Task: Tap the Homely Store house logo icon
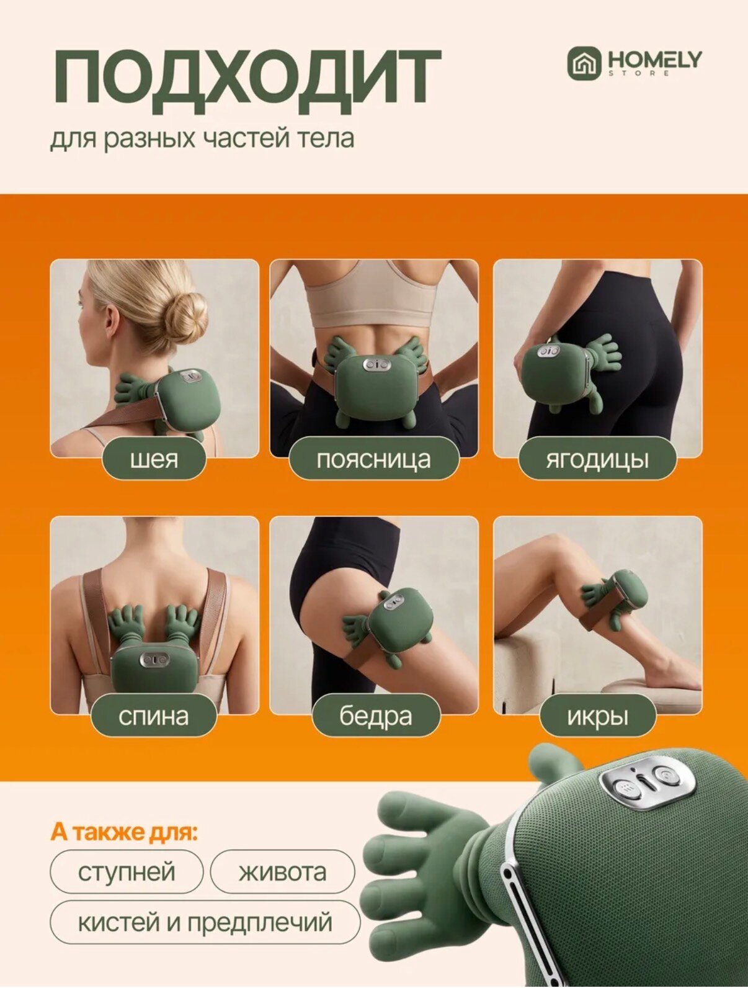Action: point(584,65)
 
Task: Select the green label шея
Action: point(154,460)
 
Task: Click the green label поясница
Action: point(374,460)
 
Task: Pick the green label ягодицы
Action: point(597,460)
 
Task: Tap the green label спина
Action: point(154,716)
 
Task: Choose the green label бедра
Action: point(376,716)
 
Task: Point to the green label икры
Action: point(597,716)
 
